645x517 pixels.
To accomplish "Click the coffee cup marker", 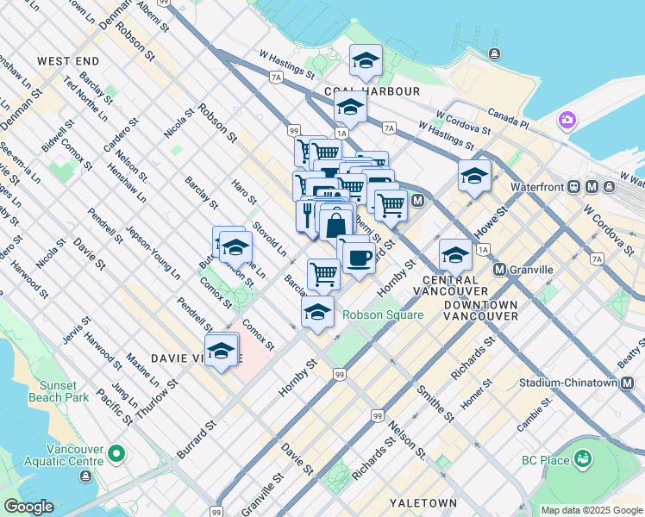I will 359,256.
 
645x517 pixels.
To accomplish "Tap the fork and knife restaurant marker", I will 308,215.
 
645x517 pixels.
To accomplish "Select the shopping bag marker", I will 335,225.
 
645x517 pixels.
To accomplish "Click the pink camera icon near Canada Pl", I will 567,119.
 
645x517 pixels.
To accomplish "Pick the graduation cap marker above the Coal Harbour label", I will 365,62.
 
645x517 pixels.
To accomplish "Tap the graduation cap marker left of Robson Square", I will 317,313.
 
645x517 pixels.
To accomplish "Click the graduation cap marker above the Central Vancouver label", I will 455,256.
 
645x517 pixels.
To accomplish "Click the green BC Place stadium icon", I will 584,459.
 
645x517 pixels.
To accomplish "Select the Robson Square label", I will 383,315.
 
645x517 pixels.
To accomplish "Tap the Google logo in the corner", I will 28,507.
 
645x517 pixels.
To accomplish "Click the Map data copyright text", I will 591,510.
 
